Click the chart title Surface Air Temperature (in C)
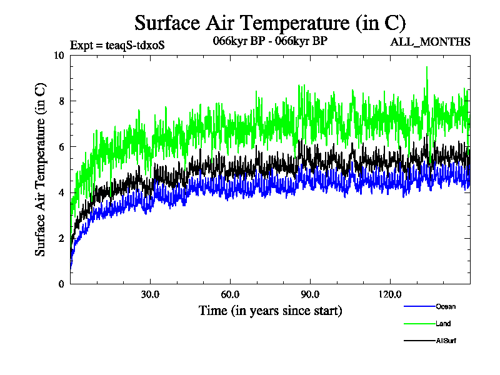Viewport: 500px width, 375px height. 270,23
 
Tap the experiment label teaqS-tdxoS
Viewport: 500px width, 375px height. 117,45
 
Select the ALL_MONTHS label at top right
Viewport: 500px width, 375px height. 430,42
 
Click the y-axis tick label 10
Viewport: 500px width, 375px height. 59,55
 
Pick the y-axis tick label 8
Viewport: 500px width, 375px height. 61,101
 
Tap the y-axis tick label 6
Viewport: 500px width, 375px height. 61,146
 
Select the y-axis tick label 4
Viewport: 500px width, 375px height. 61,192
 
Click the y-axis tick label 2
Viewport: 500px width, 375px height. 61,238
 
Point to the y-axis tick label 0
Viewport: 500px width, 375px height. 61,284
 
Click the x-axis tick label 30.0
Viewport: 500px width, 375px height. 150,294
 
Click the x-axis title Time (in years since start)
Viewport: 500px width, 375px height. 270,311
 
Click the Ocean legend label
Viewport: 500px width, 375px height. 446,306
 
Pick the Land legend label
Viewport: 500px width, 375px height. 443,324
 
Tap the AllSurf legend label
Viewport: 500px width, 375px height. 446,341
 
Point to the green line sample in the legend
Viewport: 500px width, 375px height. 419,324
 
